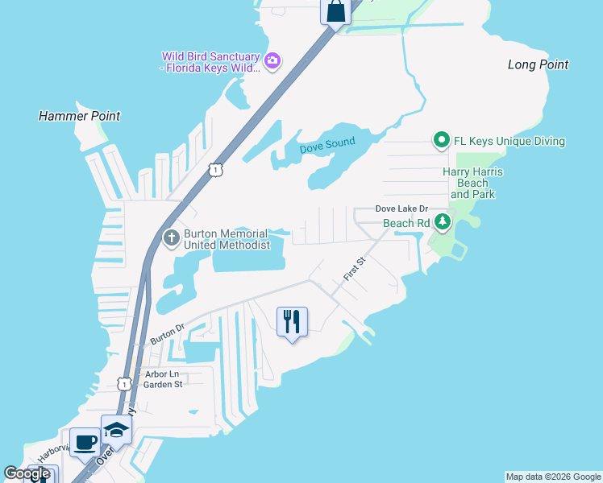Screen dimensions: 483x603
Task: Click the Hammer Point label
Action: pyautogui.click(x=79, y=116)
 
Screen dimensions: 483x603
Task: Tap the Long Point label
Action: pyautogui.click(x=539, y=64)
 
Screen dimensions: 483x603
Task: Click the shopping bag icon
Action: pyautogui.click(x=335, y=12)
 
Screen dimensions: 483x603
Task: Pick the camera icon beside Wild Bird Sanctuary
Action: pyautogui.click(x=272, y=60)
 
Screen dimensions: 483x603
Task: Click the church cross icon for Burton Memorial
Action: pyautogui.click(x=172, y=238)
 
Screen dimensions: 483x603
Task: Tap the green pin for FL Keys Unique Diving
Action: pyautogui.click(x=442, y=141)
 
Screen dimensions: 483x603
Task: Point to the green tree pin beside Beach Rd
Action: pyautogui.click(x=442, y=222)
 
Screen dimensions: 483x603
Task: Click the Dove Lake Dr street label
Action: pyautogui.click(x=401, y=208)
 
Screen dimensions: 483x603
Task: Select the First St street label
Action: pyautogui.click(x=355, y=268)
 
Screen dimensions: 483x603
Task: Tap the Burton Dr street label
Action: pyautogui.click(x=168, y=333)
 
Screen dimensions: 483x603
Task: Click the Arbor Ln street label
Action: pyautogui.click(x=161, y=374)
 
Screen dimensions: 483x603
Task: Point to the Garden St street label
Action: pyautogui.click(x=163, y=385)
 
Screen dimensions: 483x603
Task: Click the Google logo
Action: pyautogui.click(x=27, y=473)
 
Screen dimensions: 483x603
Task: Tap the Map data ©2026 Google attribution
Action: pyautogui.click(x=553, y=477)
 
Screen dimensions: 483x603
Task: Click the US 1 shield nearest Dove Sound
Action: pyautogui.click(x=214, y=169)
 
